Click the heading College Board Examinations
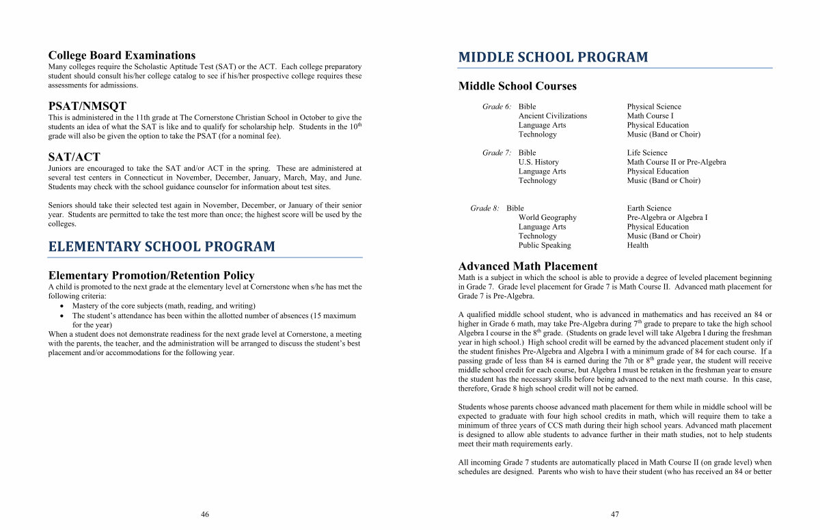(122, 55)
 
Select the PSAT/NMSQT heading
(87, 106)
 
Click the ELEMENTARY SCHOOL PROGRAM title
(161, 247)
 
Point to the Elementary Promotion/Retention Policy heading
(151, 275)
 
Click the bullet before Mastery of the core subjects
(62, 306)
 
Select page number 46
(205, 514)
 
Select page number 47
(615, 514)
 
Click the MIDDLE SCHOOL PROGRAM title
(553, 57)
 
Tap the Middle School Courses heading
(517, 86)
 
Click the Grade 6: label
(497, 107)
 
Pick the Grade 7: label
(497, 153)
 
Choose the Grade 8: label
(484, 208)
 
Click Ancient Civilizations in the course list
(553, 116)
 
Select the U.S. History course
(538, 163)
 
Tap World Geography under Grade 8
(547, 218)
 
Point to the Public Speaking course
(545, 245)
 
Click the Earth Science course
(649, 208)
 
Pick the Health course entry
(638, 245)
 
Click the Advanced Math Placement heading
(528, 266)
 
